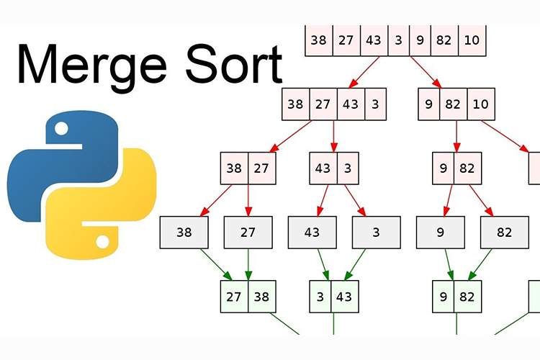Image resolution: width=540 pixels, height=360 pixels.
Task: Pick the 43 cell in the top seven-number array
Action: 373,40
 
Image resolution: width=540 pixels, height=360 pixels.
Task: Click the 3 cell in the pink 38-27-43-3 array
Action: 375,104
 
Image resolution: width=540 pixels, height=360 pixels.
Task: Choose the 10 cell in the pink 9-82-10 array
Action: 480,104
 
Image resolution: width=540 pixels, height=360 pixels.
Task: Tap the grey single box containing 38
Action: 184,233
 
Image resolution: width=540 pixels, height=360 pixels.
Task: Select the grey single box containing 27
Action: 248,233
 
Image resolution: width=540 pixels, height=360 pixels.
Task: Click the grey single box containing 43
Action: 312,233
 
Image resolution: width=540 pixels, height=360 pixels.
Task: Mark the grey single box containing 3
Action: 376,233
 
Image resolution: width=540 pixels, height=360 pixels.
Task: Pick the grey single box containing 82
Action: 505,233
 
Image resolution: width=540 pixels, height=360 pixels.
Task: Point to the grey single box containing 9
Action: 440,233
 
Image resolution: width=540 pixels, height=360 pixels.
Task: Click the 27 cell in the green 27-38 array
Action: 234,297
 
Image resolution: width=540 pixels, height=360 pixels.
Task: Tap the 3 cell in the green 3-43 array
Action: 320,297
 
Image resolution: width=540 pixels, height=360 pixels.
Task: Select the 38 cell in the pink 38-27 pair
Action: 234,168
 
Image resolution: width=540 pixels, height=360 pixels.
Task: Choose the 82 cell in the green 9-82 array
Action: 467,297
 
